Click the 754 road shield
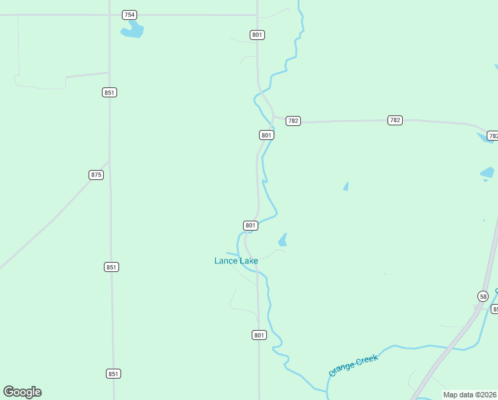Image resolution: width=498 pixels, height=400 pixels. [x=129, y=15]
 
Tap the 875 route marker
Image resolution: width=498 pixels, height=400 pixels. [x=96, y=175]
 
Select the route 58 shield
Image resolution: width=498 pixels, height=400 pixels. [x=483, y=296]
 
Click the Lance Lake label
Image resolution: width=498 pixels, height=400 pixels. [x=236, y=261]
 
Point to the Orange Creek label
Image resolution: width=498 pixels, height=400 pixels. [x=353, y=365]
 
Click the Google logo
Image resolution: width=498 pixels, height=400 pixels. [x=22, y=392]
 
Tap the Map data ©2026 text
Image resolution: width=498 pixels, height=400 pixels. [x=470, y=395]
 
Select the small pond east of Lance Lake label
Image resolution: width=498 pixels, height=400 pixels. [x=282, y=240]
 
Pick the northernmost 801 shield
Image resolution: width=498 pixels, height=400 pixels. [x=257, y=35]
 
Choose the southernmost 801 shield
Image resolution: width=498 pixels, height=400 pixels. [x=259, y=335]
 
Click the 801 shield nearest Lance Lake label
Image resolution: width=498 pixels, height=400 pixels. [x=250, y=225]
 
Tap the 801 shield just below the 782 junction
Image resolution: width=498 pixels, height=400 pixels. [x=266, y=135]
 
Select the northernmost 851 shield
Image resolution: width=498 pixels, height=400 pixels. [x=110, y=92]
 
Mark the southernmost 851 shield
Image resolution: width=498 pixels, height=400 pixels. [x=113, y=373]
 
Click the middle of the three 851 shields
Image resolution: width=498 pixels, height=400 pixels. [x=111, y=267]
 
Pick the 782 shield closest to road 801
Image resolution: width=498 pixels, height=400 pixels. [x=293, y=121]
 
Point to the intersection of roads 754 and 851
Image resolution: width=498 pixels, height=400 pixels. [x=109, y=15]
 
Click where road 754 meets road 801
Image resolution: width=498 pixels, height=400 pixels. [x=257, y=15]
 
